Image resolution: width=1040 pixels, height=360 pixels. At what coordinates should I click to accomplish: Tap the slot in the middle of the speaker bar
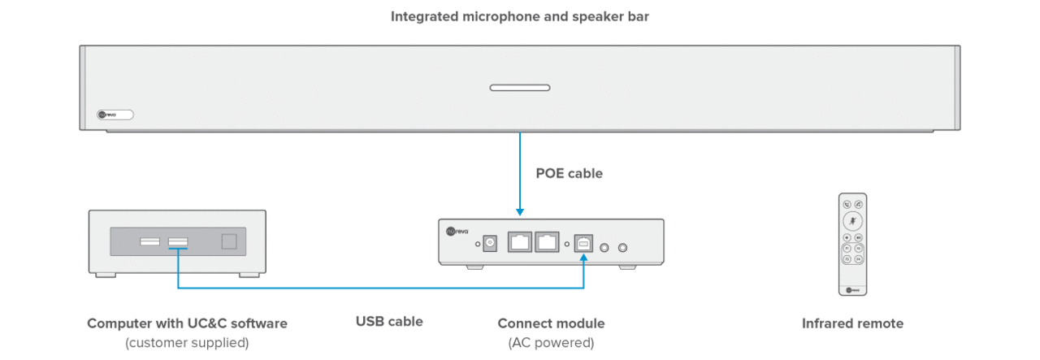519,87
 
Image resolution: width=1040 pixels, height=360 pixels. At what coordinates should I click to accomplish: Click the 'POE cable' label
569,173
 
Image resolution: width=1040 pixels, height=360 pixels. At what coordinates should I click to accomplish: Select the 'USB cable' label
389,321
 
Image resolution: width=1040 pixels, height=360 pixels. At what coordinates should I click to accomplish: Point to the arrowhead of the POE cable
519,214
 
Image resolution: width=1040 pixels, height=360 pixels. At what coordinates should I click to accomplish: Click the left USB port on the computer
149,241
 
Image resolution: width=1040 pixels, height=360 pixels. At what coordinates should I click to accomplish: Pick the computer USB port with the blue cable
178,241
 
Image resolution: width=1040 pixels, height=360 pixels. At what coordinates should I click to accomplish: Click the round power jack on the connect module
490,242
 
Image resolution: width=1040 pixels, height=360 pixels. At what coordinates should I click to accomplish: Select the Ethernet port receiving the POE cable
519,241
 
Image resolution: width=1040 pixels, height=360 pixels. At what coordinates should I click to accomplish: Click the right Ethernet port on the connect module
548,241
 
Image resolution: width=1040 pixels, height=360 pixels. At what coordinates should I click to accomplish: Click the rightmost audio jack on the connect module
623,248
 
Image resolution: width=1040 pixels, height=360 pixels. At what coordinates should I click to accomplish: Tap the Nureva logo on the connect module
458,231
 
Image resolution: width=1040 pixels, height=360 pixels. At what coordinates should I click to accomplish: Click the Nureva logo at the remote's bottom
851,288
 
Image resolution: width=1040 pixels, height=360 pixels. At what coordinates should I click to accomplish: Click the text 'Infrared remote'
852,323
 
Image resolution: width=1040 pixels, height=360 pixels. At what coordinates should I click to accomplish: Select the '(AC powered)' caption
551,343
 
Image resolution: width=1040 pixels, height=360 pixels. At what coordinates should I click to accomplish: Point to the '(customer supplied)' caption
187,343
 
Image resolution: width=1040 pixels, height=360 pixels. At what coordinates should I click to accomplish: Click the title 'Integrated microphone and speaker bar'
520,16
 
